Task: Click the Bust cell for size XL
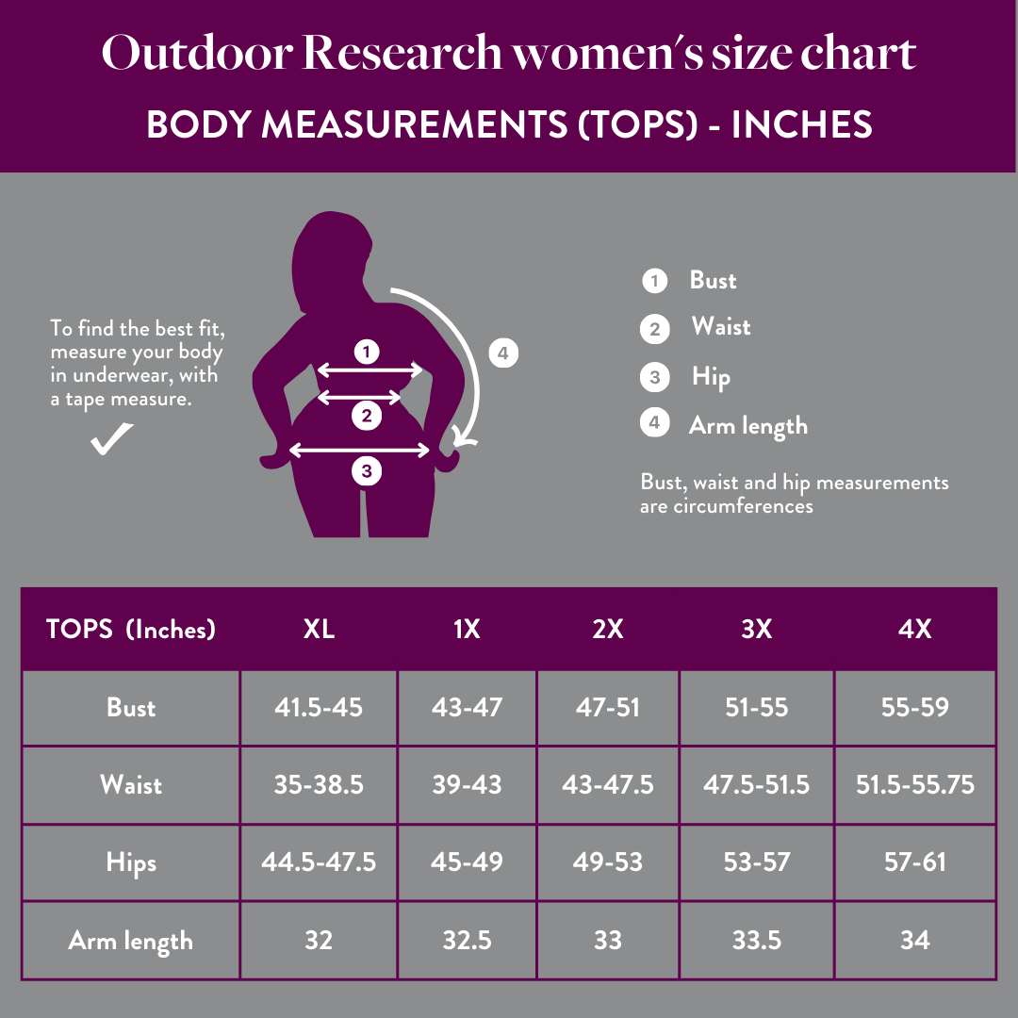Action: click(x=319, y=707)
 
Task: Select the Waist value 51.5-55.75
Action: click(x=914, y=784)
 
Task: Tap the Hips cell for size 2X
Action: click(x=608, y=862)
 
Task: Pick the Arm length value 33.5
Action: click(x=756, y=940)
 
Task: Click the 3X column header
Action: click(x=756, y=629)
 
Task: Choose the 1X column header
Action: click(x=467, y=629)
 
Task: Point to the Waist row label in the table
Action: click(x=131, y=784)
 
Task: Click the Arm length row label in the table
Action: click(x=131, y=940)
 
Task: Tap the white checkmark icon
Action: click(x=111, y=439)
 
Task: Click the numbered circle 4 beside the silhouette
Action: click(x=503, y=353)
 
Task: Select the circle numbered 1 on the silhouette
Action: click(x=367, y=353)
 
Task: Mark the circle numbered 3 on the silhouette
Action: click(x=367, y=470)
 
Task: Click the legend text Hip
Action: click(x=711, y=377)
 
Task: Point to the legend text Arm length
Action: click(x=748, y=425)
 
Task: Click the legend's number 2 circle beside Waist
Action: click(x=654, y=329)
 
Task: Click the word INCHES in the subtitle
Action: click(x=802, y=125)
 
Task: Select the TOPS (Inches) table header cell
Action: click(x=131, y=629)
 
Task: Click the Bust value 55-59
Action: click(x=914, y=707)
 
